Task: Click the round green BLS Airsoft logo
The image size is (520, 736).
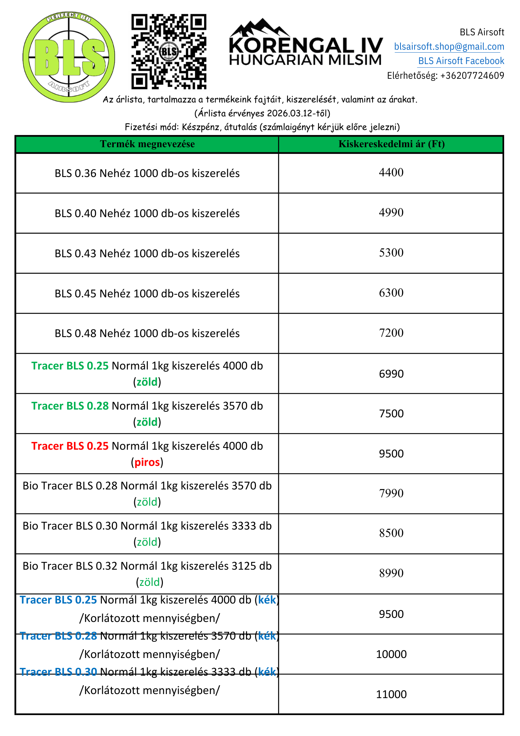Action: click(69, 57)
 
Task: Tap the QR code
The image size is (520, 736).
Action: click(169, 52)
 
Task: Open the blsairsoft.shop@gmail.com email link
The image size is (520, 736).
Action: click(449, 47)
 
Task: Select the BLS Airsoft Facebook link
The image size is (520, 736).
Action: click(461, 61)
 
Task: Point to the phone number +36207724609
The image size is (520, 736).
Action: click(472, 76)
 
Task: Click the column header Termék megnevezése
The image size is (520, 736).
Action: click(147, 144)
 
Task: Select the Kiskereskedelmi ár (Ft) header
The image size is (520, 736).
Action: click(391, 144)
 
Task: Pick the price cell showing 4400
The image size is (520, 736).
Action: click(391, 173)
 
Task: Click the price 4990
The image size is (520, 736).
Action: click(391, 213)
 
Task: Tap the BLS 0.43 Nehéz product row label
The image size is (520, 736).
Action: click(147, 254)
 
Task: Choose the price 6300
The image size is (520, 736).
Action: click(391, 293)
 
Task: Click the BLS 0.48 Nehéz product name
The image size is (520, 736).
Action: click(147, 333)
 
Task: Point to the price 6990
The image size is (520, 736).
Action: click(391, 374)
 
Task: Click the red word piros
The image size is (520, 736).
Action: click(147, 462)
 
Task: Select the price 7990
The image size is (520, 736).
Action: click(391, 493)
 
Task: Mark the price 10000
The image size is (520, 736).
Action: click(391, 654)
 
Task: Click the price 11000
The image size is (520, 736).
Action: click(391, 694)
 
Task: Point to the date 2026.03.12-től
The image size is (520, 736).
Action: click(298, 113)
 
